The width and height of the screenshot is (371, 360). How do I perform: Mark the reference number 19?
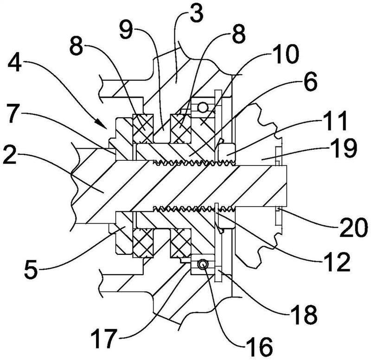(344, 147)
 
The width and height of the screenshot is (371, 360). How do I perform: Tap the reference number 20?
(353, 227)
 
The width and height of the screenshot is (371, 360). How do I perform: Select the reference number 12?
(337, 261)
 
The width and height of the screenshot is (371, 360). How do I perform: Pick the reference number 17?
(103, 338)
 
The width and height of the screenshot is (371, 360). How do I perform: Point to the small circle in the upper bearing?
(203, 108)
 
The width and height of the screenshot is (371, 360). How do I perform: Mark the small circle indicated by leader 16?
(203, 265)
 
